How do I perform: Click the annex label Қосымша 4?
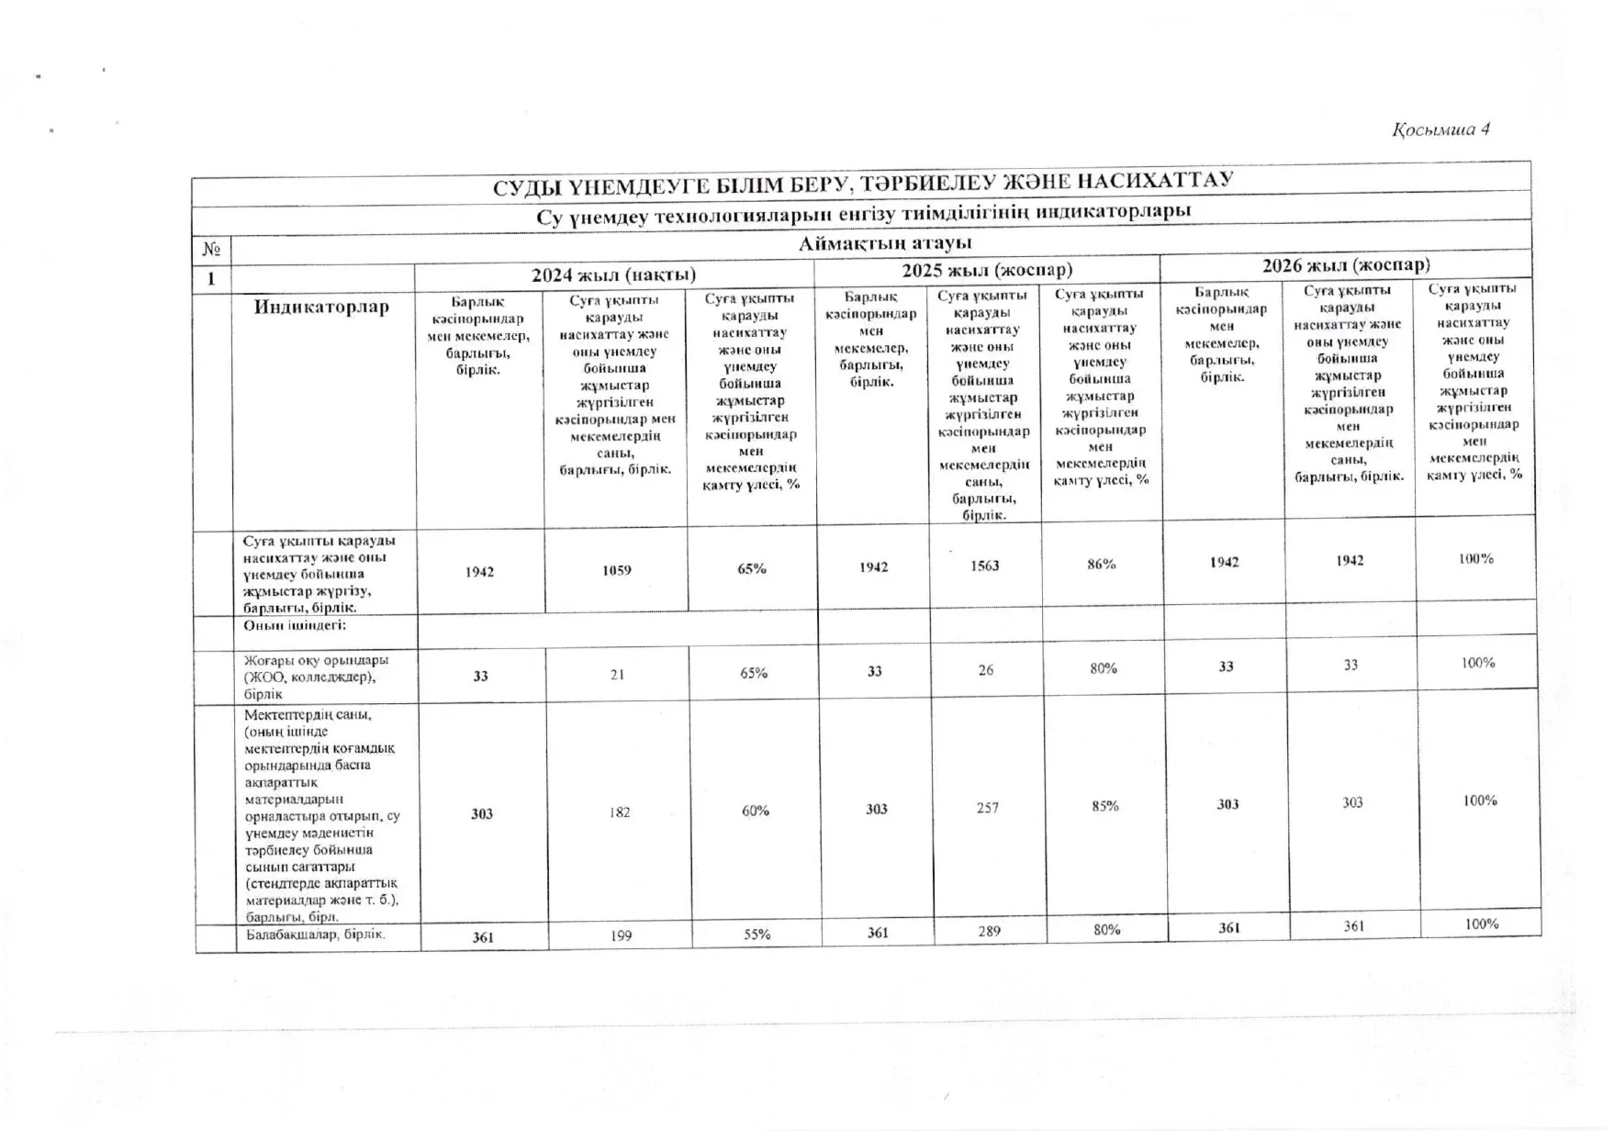tap(1440, 129)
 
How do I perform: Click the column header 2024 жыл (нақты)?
tap(613, 274)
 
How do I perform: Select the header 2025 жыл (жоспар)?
tap(986, 270)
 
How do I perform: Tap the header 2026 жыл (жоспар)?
tap(1345, 265)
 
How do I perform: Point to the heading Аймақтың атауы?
tap(884, 243)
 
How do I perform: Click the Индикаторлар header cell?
tap(321, 307)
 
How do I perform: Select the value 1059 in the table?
tap(616, 570)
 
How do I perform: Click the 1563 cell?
tap(984, 565)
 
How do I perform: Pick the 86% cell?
tap(1101, 564)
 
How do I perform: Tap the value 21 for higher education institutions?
tap(617, 674)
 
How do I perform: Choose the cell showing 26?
tap(985, 670)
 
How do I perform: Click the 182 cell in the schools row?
tap(620, 812)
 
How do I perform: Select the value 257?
tap(987, 808)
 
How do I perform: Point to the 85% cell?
tap(1104, 806)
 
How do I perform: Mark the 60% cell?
tap(755, 811)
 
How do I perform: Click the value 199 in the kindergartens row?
tap(622, 935)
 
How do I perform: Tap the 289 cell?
tap(989, 931)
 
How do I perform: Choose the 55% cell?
tap(757, 935)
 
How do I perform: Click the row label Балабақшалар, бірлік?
tap(315, 935)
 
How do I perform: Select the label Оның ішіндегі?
tap(294, 626)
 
